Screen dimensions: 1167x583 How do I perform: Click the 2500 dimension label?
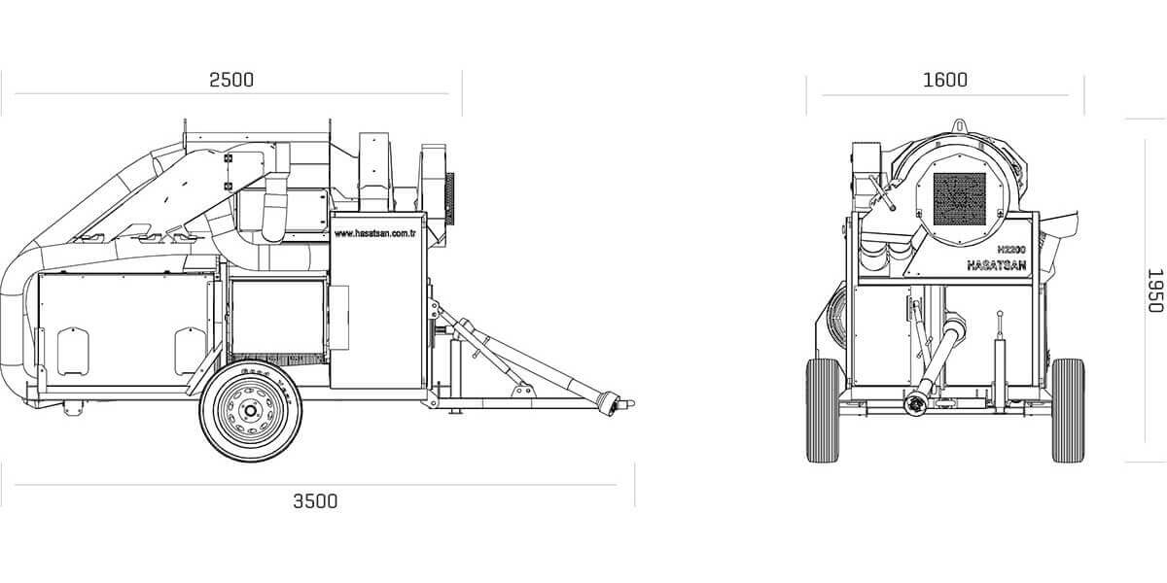(x=231, y=80)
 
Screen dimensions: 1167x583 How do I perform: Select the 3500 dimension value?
(x=315, y=501)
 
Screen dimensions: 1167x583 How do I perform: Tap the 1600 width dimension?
(x=945, y=80)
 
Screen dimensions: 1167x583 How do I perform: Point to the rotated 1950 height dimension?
(x=1155, y=291)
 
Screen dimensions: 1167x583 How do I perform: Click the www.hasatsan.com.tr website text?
(x=374, y=234)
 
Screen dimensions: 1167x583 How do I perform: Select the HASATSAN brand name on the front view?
(x=997, y=265)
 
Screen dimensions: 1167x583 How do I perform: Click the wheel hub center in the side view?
(x=251, y=411)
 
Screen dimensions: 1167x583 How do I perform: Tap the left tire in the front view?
(x=822, y=410)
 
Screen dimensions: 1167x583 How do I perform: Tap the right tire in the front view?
(x=1068, y=410)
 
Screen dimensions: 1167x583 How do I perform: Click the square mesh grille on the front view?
(x=959, y=199)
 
